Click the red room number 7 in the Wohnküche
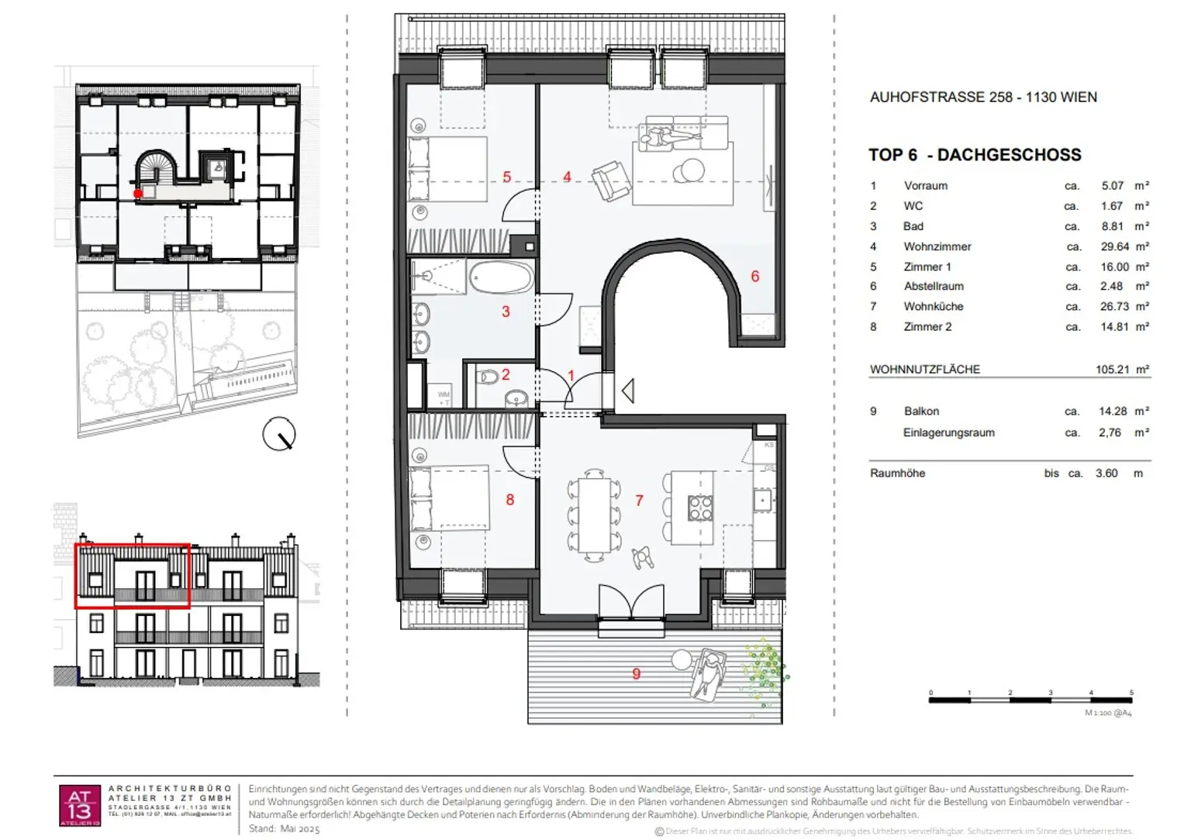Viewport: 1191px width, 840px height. coord(639,501)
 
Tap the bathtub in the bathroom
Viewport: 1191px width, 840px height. coord(501,277)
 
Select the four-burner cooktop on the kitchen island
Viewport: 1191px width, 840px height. coord(699,508)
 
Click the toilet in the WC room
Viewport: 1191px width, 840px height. coord(488,378)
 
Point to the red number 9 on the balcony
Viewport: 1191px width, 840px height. coord(636,673)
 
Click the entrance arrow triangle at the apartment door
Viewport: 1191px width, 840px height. coord(628,391)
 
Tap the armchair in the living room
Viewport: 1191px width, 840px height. coord(610,181)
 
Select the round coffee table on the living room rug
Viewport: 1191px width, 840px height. coord(689,170)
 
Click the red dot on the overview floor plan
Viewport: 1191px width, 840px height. coord(138,194)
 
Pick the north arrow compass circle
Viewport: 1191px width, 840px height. coord(279,434)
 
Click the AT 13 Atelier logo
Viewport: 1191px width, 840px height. coord(80,805)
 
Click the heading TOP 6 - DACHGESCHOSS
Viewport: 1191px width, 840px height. coord(974,155)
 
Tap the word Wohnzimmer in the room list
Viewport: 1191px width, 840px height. coord(937,246)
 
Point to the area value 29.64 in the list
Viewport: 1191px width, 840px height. coord(1114,246)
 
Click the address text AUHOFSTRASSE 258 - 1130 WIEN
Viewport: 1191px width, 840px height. coord(982,97)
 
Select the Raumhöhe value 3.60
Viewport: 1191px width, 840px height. coord(1106,473)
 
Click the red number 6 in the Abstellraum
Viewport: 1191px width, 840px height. coord(754,277)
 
